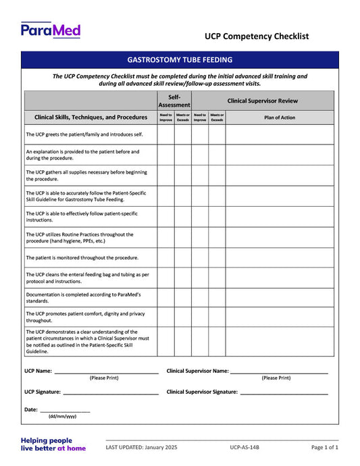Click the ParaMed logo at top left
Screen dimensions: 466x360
(51, 30)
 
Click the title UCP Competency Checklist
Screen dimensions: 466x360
(257, 36)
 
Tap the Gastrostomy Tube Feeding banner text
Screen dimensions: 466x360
(180, 60)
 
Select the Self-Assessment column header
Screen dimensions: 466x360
(174, 101)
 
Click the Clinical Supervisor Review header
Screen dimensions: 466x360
(262, 101)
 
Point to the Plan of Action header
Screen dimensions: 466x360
(279, 118)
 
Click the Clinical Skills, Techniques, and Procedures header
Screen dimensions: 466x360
(91, 118)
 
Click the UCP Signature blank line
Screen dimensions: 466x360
(111, 391)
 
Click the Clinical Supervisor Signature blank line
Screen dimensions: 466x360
(284, 391)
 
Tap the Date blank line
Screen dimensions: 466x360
(65, 409)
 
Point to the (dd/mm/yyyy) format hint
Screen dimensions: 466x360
(62, 417)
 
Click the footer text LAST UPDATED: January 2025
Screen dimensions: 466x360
(141, 447)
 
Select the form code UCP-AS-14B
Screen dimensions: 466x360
(244, 447)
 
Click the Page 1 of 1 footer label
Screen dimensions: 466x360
(324, 447)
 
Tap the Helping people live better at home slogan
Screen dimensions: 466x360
(53, 444)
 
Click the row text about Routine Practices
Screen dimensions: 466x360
(80, 237)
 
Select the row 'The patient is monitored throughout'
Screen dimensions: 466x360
(82, 257)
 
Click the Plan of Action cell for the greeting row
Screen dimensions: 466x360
(279, 134)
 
